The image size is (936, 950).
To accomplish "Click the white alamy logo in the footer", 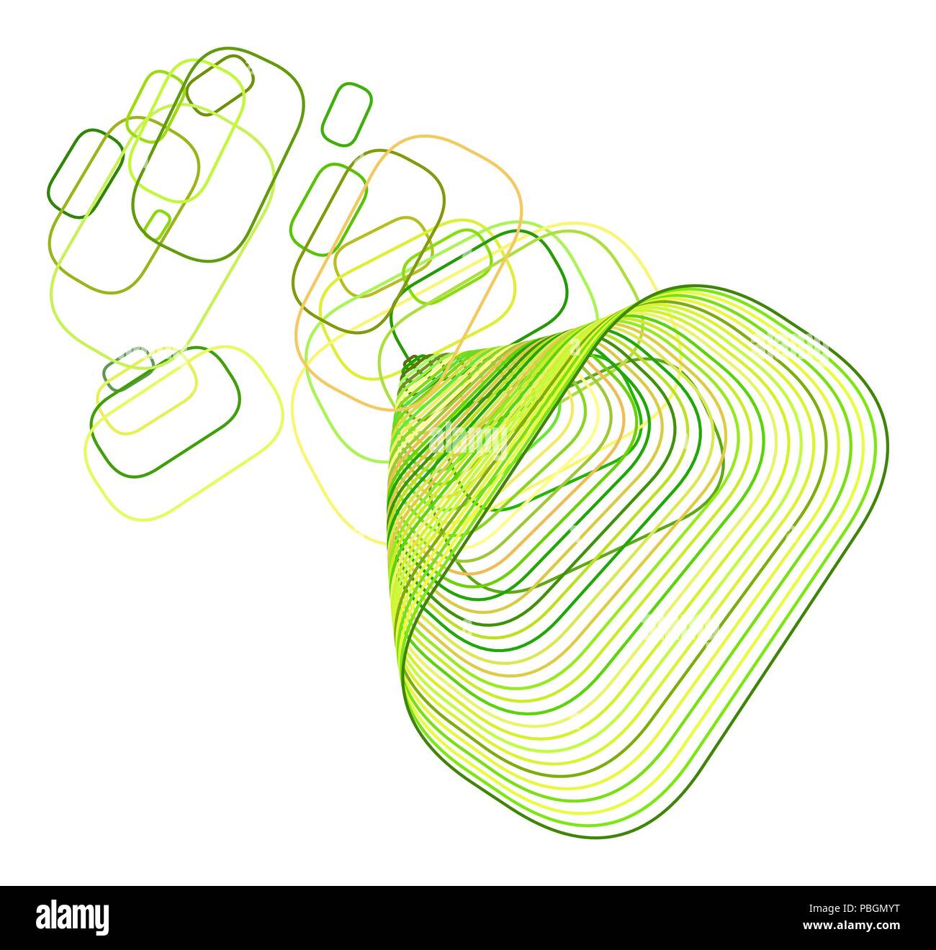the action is pos(73,916).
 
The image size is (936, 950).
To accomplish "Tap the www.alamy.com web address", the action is pos(851,926).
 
